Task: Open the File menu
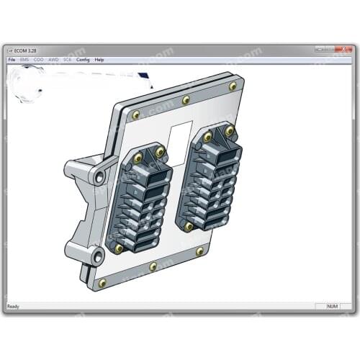(12, 60)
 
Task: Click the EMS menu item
(25, 60)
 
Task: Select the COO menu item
(39, 60)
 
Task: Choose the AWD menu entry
(53, 60)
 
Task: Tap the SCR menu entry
(68, 60)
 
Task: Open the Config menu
(83, 60)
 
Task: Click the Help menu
(99, 60)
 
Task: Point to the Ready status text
(14, 307)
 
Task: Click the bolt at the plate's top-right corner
(233, 86)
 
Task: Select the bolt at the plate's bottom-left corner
(102, 283)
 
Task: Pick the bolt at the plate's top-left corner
(135, 114)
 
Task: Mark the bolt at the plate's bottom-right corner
(199, 251)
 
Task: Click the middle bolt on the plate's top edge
(186, 99)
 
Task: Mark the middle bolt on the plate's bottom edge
(153, 266)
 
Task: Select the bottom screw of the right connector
(189, 226)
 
